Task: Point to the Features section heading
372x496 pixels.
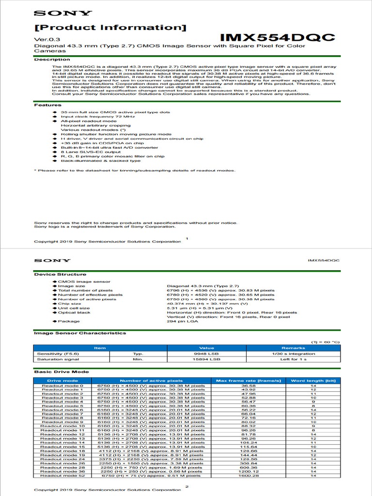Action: pos(47,105)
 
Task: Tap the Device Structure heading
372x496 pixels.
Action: pos(60,274)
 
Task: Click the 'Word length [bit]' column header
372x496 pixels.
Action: pos(313,381)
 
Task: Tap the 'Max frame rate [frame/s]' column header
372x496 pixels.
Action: pos(248,381)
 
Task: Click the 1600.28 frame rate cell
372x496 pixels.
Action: pos(248,476)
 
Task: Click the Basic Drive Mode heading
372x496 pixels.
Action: pos(61,372)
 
